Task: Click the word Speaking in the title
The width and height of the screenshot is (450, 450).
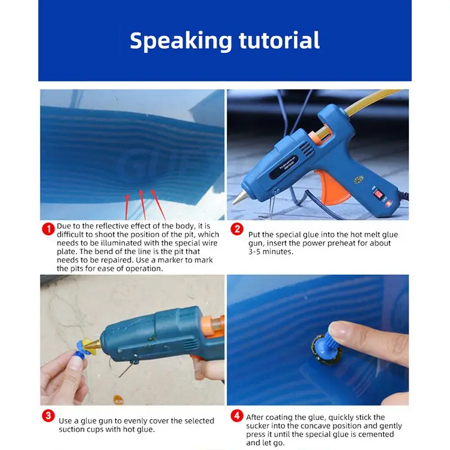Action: [x=181, y=41]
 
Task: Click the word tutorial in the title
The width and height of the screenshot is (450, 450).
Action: [x=279, y=40]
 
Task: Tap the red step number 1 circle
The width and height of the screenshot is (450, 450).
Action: [x=48, y=229]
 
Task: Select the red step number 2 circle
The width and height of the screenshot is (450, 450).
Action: [x=237, y=229]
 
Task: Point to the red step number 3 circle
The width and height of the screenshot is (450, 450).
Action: [x=48, y=416]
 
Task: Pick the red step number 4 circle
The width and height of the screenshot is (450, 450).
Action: [x=237, y=416]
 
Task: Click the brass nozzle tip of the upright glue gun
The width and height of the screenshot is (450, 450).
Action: [x=239, y=198]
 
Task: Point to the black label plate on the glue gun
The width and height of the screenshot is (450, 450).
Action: [x=284, y=167]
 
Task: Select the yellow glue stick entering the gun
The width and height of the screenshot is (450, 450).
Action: [x=370, y=103]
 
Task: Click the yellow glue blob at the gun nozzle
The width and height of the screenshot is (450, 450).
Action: [x=87, y=346]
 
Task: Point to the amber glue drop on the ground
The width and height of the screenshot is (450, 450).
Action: [x=118, y=399]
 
